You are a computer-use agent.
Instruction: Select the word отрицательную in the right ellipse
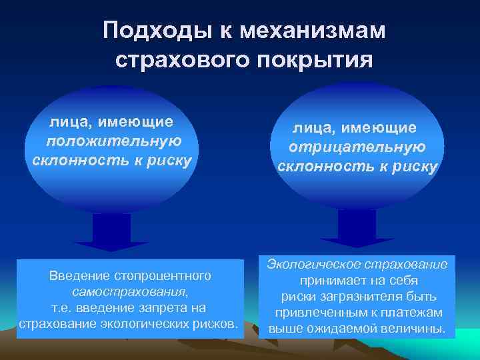[x=357, y=146]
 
